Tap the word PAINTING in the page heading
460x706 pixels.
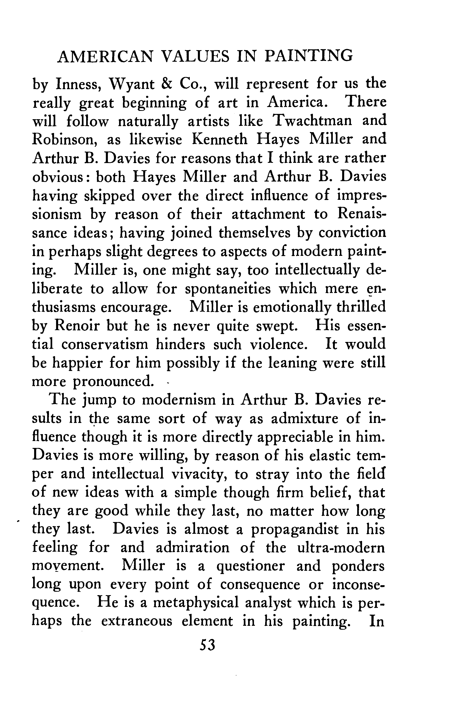(309, 56)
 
